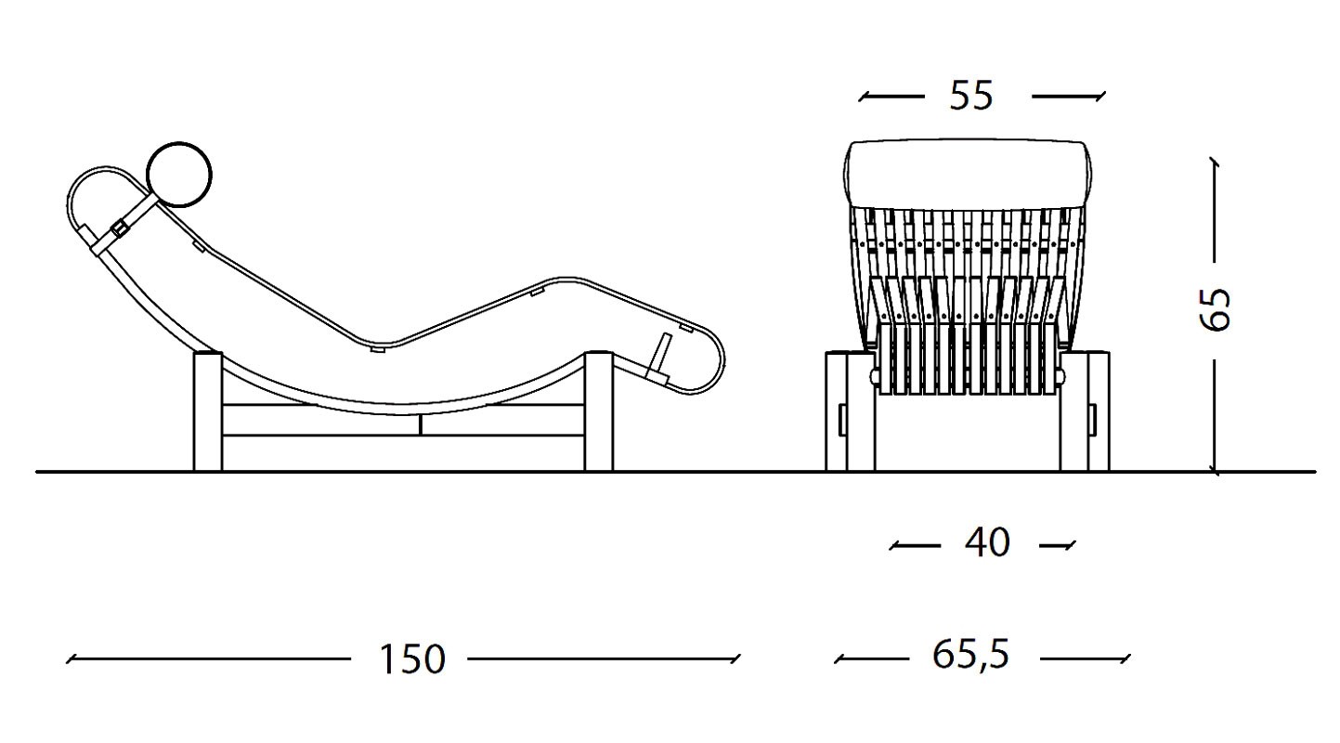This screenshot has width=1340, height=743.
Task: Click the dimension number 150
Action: [412, 659]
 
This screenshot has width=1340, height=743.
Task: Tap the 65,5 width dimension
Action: [971, 655]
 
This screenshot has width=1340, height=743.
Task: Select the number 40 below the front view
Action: [988, 542]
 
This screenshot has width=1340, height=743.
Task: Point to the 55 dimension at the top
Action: [971, 95]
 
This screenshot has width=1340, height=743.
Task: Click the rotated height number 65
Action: [1216, 309]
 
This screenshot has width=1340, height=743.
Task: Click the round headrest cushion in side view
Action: [179, 175]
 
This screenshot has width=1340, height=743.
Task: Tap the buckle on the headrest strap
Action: [120, 228]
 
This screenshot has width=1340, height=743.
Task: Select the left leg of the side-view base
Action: [208, 411]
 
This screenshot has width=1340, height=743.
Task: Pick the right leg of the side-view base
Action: [598, 411]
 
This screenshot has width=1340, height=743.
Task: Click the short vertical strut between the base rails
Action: [421, 424]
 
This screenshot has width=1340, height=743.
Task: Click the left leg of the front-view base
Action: [850, 411]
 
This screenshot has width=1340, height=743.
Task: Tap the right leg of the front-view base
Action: [1085, 411]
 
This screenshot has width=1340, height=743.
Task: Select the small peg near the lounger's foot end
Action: [661, 356]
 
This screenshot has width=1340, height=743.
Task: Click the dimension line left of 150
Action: [208, 659]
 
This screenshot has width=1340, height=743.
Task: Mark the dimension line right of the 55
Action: [1069, 96]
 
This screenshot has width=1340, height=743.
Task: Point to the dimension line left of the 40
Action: [915, 545]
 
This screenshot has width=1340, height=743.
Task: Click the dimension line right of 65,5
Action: [1086, 658]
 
